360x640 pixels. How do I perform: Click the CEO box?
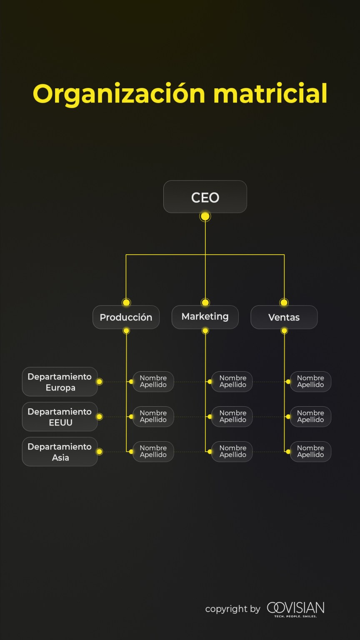[x=205, y=197]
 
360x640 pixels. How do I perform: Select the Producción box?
[x=126, y=317]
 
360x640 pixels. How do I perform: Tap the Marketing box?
[x=205, y=317]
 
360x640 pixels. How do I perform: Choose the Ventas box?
[x=284, y=317]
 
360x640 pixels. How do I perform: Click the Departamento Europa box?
[x=60, y=382]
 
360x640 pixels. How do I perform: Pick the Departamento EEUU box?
[x=60, y=417]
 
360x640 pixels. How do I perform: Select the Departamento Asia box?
[x=60, y=452]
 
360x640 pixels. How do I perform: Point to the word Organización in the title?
[x=119, y=94]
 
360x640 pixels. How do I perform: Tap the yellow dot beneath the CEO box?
[x=205, y=216]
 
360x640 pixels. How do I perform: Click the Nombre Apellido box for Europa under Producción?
[x=153, y=382]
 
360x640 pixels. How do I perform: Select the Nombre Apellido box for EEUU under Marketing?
[x=232, y=417]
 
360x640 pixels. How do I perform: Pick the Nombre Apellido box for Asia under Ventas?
[x=310, y=452]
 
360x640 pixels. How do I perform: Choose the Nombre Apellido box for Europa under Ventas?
[x=310, y=382]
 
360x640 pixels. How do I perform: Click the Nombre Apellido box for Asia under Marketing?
[x=232, y=452]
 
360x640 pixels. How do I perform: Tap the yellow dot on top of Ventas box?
[x=284, y=302]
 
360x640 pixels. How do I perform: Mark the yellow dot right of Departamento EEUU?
[x=99, y=417]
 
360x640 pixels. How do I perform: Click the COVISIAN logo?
[x=295, y=609]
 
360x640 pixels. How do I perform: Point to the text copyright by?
[x=232, y=609]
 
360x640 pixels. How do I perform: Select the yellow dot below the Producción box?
[x=126, y=330]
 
